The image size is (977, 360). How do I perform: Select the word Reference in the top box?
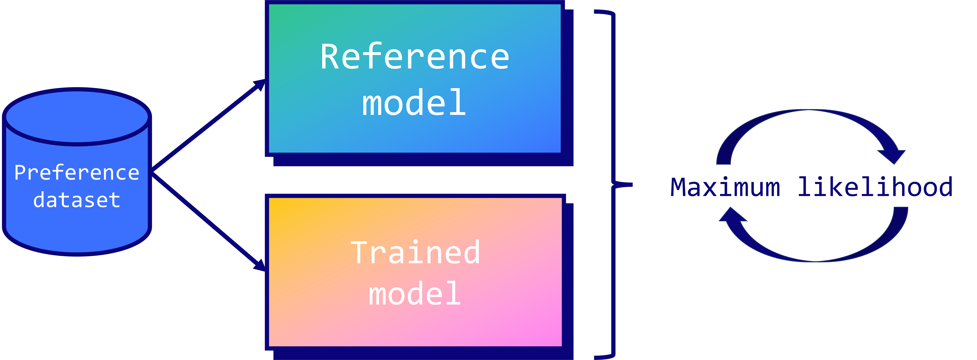tap(415, 57)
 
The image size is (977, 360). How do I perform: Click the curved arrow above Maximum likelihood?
tap(811, 137)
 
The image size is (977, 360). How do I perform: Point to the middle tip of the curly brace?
tap(632, 185)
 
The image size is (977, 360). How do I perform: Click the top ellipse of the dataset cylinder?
tap(77, 117)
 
